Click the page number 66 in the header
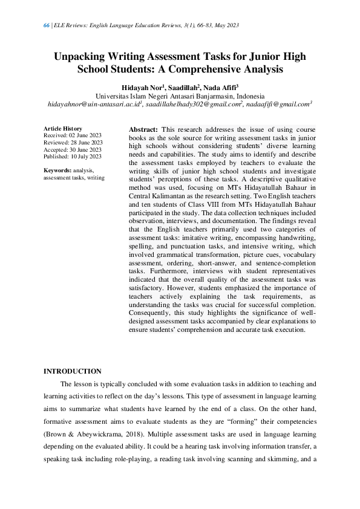pyautogui.click(x=47, y=25)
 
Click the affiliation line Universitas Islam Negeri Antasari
pyautogui.click(x=180, y=96)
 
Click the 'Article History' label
pyautogui.click(x=62, y=129)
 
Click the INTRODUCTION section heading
pyautogui.click(x=73, y=371)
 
